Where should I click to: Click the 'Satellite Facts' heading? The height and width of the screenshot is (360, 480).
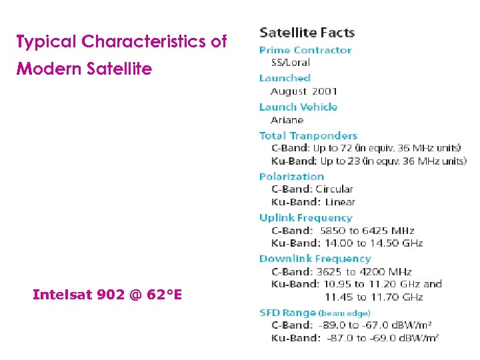[x=307, y=32]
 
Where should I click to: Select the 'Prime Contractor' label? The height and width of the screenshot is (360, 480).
[x=305, y=50]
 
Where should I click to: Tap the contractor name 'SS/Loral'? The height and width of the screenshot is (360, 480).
[x=290, y=63]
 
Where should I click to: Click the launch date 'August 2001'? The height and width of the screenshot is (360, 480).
[x=304, y=91]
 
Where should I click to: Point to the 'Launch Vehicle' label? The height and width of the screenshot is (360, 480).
[x=298, y=107]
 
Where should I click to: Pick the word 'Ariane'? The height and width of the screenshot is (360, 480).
[x=287, y=120]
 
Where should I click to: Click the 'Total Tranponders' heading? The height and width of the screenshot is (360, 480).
[x=308, y=135]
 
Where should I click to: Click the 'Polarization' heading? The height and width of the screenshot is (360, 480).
[x=291, y=177]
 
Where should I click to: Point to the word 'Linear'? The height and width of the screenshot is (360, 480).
[x=340, y=202]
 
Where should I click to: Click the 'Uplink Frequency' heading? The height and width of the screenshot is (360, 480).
[x=305, y=217]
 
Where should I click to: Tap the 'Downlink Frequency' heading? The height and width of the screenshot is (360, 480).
[x=314, y=259]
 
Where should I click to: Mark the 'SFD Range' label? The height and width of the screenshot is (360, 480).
[x=287, y=313]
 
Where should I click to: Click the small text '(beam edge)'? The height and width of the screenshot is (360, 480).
[x=344, y=313]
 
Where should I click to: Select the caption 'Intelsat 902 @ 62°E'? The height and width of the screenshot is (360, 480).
[x=107, y=294]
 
